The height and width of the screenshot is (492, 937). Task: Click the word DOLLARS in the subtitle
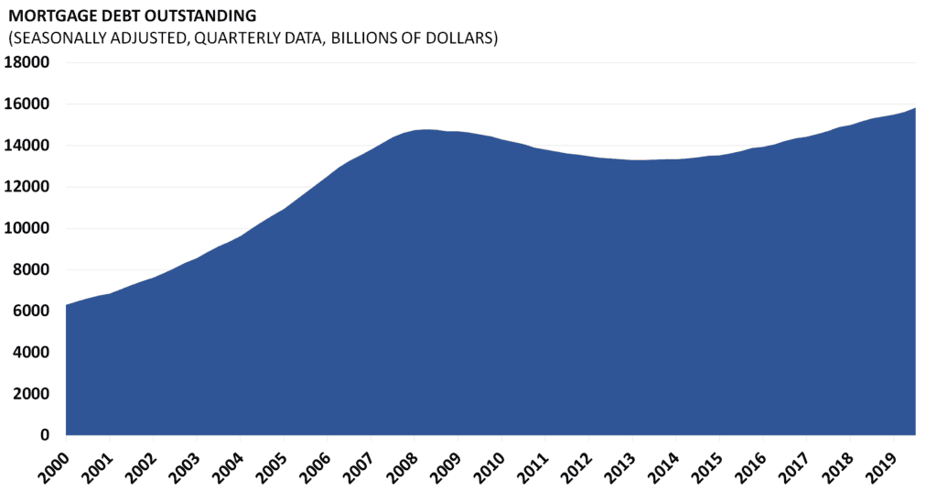click(x=459, y=38)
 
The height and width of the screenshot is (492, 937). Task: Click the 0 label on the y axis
click(x=46, y=435)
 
